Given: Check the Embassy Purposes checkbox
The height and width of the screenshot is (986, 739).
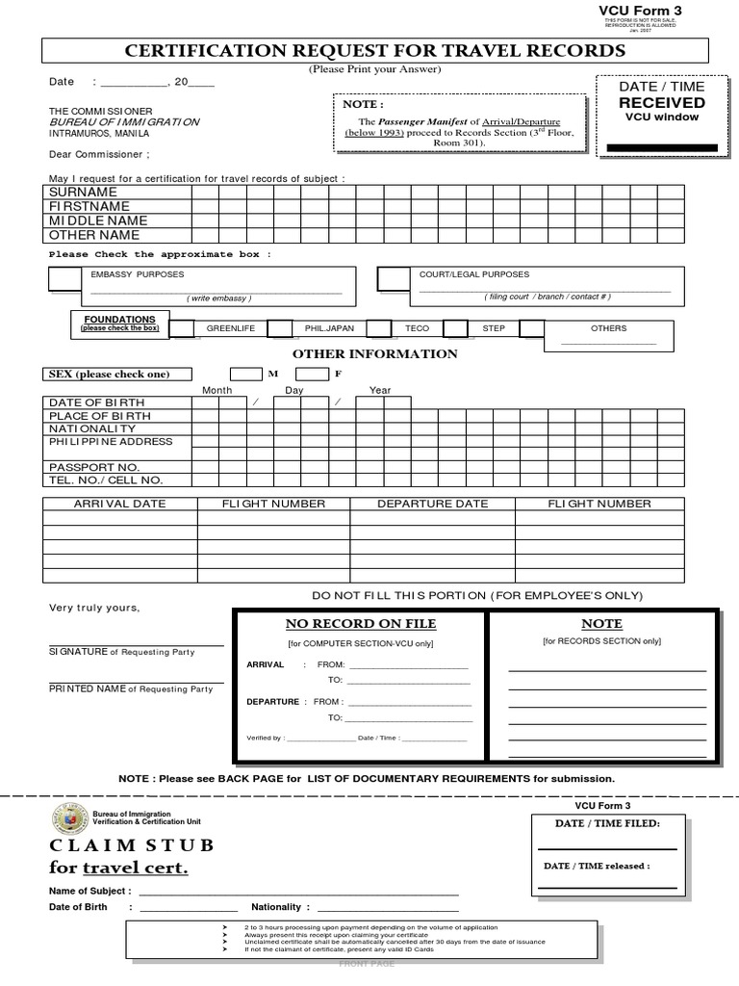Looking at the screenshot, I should point(65,278).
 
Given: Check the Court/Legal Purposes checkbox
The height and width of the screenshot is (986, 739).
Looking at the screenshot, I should point(393,278).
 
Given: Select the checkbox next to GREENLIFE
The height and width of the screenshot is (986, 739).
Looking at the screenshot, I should point(182,329).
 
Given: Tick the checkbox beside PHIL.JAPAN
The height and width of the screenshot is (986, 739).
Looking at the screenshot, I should point(280,329).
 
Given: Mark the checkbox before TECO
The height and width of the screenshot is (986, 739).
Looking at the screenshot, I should point(378,329).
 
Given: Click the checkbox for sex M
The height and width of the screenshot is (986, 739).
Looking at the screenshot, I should point(245,374).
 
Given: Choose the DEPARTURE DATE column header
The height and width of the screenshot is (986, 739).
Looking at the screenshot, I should point(432,504).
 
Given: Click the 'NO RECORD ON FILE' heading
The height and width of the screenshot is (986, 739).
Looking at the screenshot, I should point(360,624).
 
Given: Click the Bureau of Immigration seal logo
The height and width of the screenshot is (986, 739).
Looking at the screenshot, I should point(68,819).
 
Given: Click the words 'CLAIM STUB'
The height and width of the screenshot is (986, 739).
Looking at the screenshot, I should point(132,845).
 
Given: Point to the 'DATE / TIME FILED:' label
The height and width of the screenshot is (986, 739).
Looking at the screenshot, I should point(607,824).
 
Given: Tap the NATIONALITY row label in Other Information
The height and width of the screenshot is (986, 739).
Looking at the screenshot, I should point(92,428).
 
